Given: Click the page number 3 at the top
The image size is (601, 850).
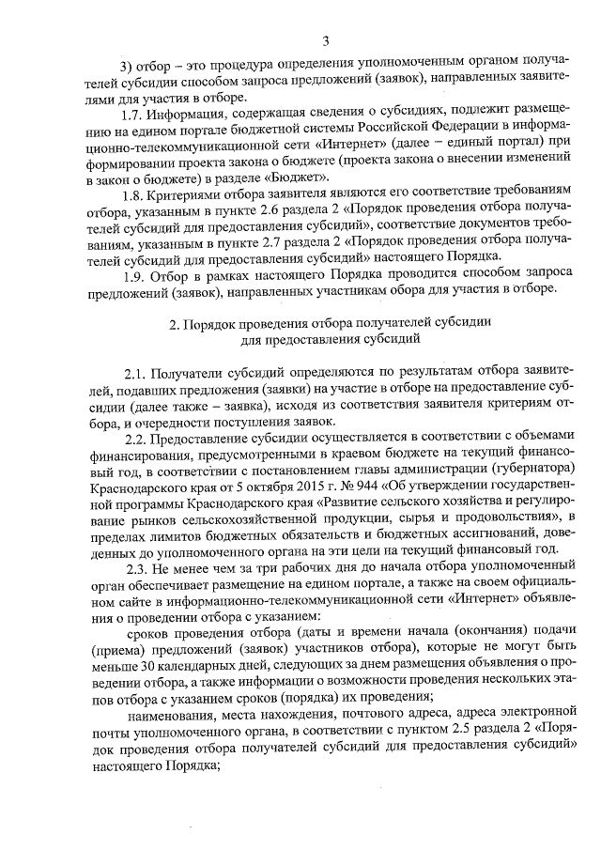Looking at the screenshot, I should [x=325, y=40].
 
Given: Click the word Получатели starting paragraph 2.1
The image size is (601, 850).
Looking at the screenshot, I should [x=188, y=372].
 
